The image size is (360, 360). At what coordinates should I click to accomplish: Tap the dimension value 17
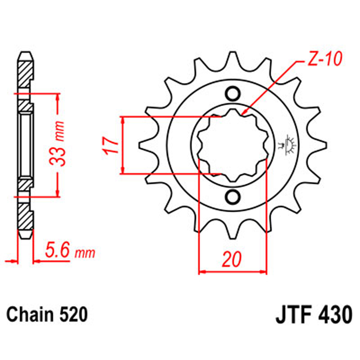click(110, 145)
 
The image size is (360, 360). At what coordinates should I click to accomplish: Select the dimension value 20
click(232, 259)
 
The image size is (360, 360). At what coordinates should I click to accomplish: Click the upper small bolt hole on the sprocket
click(232, 93)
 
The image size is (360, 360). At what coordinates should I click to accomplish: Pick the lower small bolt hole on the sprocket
click(232, 197)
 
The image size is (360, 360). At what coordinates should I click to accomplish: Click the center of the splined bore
click(232, 145)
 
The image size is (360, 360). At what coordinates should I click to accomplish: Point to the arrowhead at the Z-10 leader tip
click(244, 114)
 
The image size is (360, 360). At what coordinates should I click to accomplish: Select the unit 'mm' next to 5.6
click(86, 252)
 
